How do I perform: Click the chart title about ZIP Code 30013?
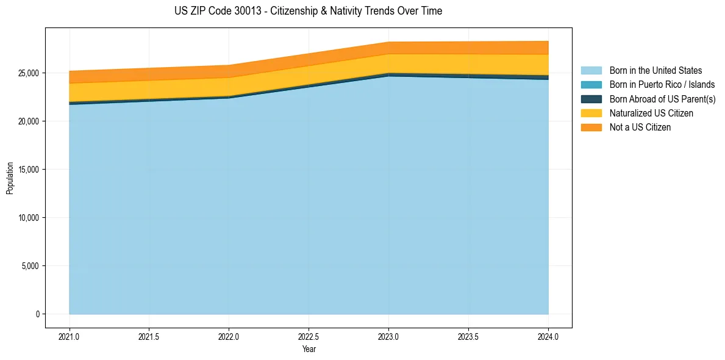click(x=308, y=11)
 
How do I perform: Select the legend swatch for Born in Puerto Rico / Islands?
click(x=591, y=85)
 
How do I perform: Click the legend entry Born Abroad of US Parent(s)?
click(x=662, y=99)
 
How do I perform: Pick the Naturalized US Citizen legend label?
click(x=651, y=113)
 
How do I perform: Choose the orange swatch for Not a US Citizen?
click(x=591, y=128)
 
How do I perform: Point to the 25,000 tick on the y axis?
click(x=29, y=73)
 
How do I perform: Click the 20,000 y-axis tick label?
click(x=29, y=121)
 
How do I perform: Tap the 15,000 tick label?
click(x=29, y=170)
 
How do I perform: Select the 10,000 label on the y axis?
click(x=29, y=218)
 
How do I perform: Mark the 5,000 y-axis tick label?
click(x=30, y=266)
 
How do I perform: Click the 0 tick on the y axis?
click(x=38, y=314)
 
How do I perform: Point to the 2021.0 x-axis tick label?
click(x=70, y=336)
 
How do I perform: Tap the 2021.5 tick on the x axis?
click(x=149, y=336)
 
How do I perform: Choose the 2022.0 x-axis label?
click(x=229, y=336)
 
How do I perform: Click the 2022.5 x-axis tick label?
click(x=309, y=336)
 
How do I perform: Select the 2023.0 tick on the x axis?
click(x=389, y=336)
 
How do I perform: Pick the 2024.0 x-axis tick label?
click(x=548, y=336)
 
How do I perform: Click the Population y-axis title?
click(x=10, y=178)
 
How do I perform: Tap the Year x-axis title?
click(x=309, y=349)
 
